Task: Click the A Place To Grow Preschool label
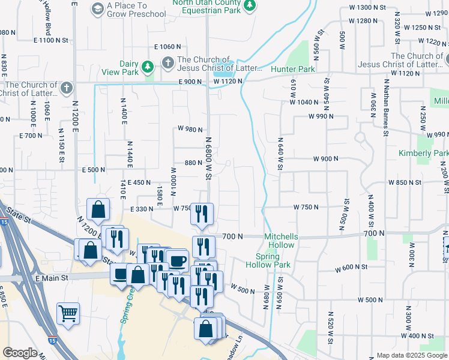[x=136, y=10]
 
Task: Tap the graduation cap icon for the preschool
[x=97, y=8]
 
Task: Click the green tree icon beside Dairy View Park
[x=147, y=65]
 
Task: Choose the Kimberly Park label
[x=423, y=154]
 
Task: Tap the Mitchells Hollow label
[x=281, y=240]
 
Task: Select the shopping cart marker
[x=68, y=313]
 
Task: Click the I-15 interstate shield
[x=4, y=221]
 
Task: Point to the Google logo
[x=20, y=353]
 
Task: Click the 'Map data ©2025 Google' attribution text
[x=412, y=355]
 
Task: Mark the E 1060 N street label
[x=167, y=47]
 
